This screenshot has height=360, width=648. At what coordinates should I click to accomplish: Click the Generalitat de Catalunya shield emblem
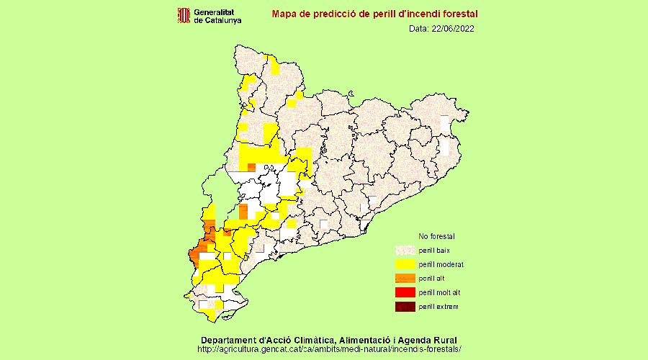184,15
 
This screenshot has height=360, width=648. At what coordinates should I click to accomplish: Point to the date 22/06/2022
453,29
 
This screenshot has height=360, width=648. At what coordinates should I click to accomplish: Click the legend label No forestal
437,236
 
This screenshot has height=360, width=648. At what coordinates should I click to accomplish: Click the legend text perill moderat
441,264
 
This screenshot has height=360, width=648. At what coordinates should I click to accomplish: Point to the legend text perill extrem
438,307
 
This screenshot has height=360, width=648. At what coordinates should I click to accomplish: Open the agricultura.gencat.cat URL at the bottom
329,349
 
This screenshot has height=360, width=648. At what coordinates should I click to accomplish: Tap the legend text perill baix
435,250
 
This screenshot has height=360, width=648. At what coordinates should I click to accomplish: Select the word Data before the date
418,29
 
